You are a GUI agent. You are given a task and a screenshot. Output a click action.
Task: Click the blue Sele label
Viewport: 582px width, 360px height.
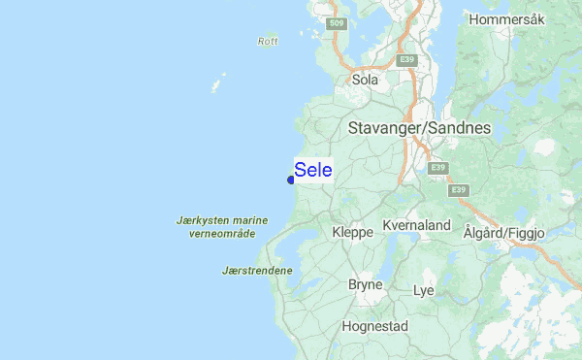pyautogui.click(x=312, y=170)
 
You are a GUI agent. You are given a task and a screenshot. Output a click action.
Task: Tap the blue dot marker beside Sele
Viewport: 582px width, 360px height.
pyautogui.click(x=291, y=180)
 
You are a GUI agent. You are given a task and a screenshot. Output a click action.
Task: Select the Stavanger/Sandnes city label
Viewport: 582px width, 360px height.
pyautogui.click(x=419, y=128)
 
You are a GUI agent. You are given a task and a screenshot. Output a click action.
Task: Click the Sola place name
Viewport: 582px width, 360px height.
pyautogui.click(x=365, y=81)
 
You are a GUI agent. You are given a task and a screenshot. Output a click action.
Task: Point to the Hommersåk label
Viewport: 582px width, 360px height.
pyautogui.click(x=507, y=19)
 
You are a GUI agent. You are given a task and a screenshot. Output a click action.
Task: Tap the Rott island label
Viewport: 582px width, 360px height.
pyautogui.click(x=269, y=41)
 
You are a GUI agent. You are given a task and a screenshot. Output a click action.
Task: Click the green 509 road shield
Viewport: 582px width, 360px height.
pyautogui.click(x=336, y=22)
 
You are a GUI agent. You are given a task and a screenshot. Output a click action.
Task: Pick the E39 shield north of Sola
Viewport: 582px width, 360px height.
pyautogui.click(x=408, y=60)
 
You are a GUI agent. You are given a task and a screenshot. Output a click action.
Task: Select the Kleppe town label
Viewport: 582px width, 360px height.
pyautogui.click(x=351, y=233)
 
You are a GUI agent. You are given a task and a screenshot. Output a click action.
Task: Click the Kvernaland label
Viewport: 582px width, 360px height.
pyautogui.click(x=417, y=225)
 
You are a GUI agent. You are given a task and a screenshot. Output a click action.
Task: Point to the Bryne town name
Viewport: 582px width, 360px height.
pyautogui.click(x=366, y=285)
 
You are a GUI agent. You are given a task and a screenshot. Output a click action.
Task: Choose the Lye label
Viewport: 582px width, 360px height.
pyautogui.click(x=423, y=290)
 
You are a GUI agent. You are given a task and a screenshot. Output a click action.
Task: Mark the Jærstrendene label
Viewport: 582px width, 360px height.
pyautogui.click(x=257, y=270)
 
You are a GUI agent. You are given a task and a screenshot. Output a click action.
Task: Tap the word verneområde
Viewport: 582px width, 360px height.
pyautogui.click(x=221, y=234)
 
